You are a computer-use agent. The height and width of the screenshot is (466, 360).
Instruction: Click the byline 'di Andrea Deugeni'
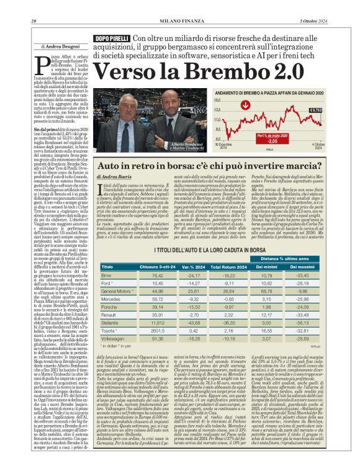click(59, 46)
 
